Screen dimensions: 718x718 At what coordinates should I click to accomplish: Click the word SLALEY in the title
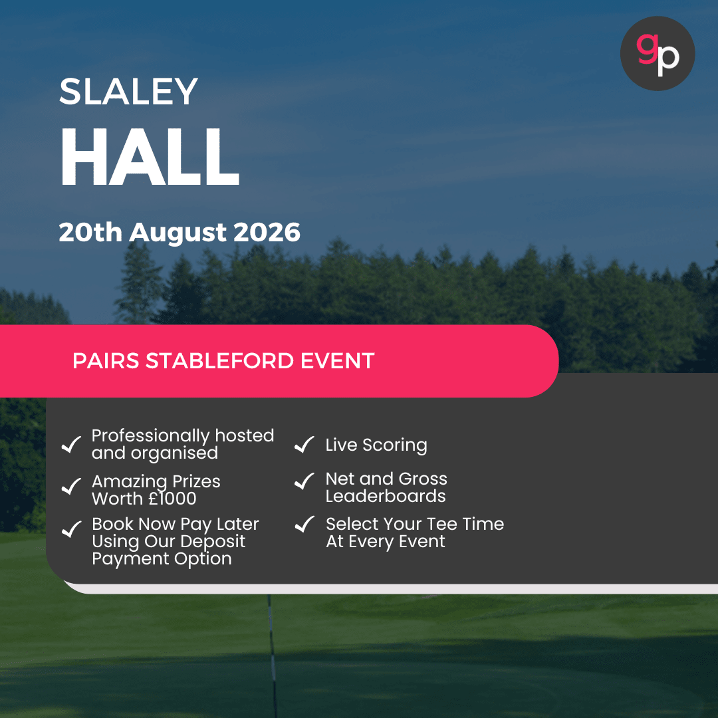pos(129,91)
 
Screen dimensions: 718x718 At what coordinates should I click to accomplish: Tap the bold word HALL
pos(150,157)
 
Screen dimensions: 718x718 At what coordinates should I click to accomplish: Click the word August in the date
pos(178,233)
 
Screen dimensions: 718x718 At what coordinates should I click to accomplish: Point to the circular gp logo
pos(657,54)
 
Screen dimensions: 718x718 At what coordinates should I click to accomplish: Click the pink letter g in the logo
pos(648,49)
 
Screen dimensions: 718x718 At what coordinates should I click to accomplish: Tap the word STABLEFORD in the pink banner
pos(219,361)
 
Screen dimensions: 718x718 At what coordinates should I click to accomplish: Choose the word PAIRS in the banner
pos(106,361)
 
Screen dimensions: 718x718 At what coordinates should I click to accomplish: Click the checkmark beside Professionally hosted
pos(71,444)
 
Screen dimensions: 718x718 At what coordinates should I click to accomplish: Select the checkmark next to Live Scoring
pos(304,444)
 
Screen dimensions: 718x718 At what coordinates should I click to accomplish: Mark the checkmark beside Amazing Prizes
pos(71,486)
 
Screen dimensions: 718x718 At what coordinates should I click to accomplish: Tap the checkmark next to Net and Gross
pos(304,481)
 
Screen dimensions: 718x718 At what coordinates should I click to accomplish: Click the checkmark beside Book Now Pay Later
pos(71,529)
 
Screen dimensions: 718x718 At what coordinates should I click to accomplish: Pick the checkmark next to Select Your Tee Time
pos(304,525)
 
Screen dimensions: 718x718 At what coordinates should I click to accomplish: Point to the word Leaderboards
pos(386,496)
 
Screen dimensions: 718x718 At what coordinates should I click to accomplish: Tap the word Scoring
pos(395,445)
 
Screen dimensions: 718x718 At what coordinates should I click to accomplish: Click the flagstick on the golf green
pos(273,656)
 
